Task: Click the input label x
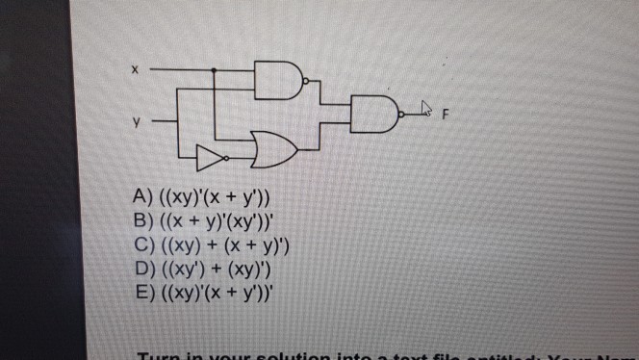click(x=136, y=70)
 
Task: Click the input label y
click(x=137, y=122)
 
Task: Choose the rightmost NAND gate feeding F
click(x=375, y=115)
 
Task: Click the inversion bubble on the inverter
click(x=226, y=155)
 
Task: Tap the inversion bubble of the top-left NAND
click(x=304, y=83)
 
